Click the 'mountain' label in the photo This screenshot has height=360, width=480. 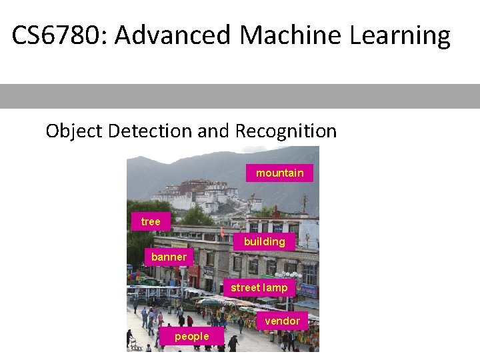(x=279, y=173)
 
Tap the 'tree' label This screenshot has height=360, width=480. (x=151, y=221)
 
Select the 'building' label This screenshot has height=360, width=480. (x=264, y=241)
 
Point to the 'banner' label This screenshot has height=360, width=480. (x=169, y=257)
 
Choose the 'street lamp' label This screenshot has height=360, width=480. (x=259, y=287)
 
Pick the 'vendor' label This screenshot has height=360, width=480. (x=282, y=321)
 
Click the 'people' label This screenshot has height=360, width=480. (x=191, y=337)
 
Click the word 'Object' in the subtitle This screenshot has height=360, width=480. (x=73, y=131)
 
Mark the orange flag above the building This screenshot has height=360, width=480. (x=223, y=233)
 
